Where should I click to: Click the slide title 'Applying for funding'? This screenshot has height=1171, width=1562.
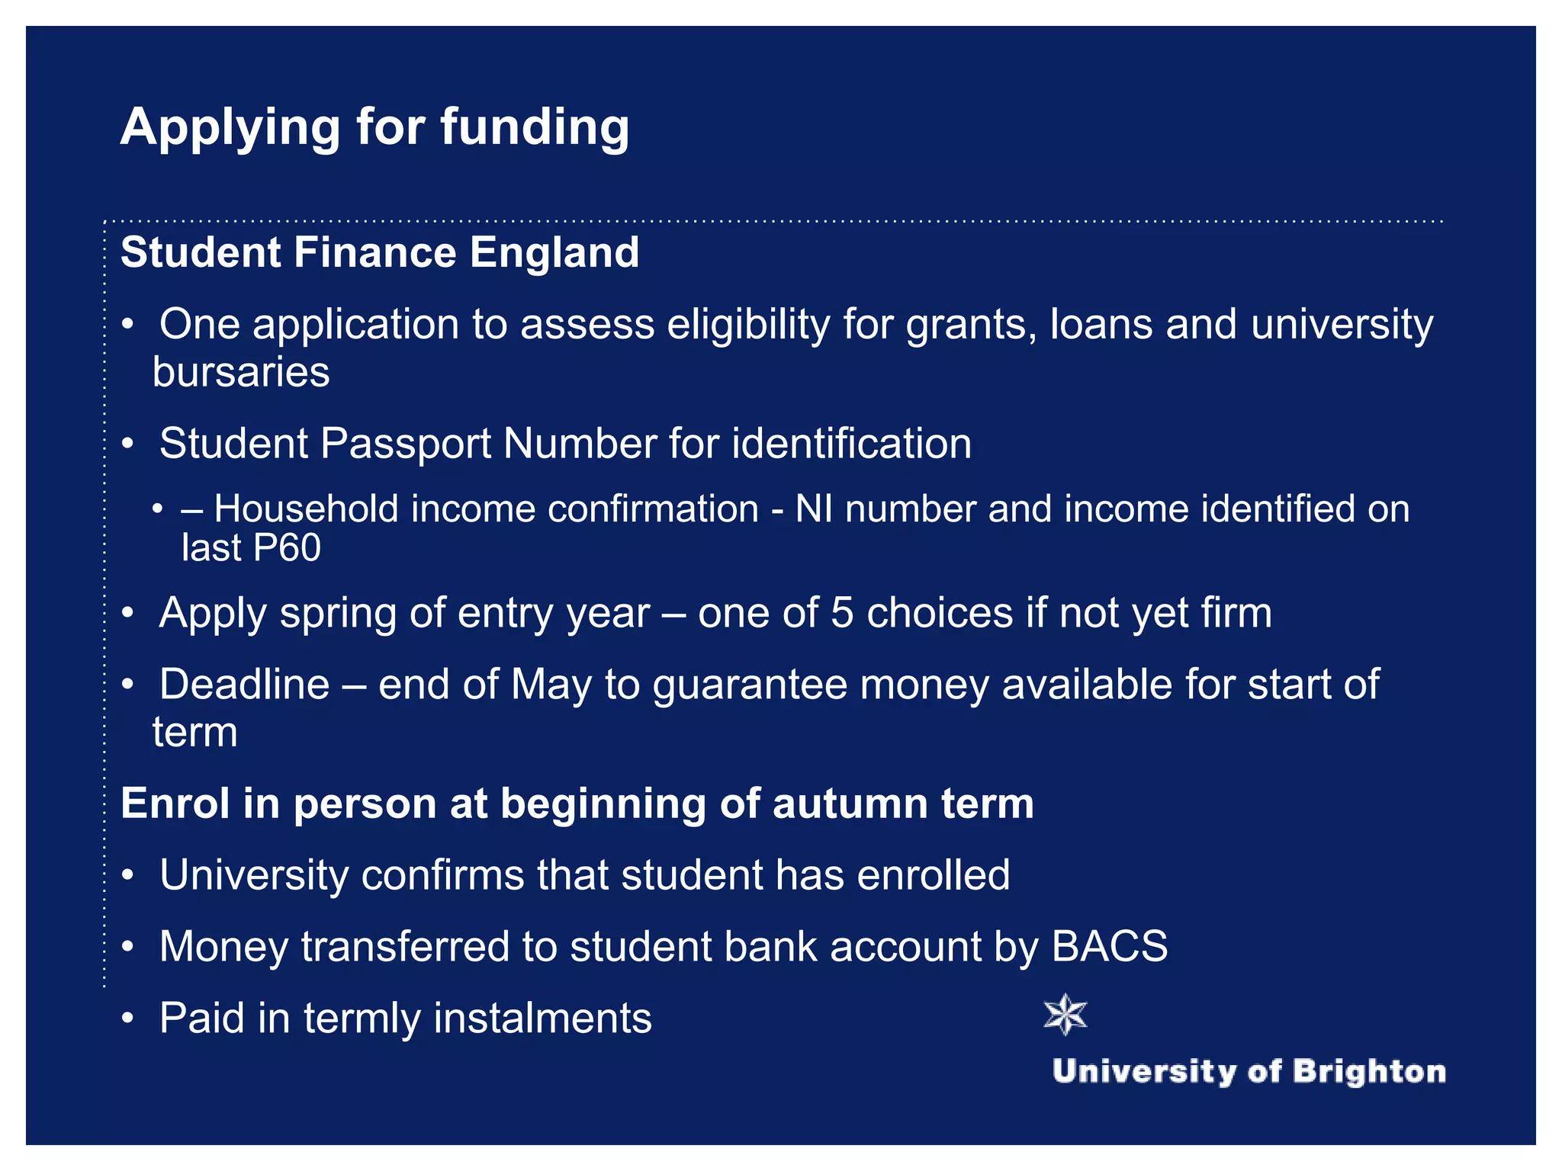pyautogui.click(x=374, y=127)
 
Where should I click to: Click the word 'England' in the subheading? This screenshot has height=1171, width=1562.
pyautogui.click(x=554, y=252)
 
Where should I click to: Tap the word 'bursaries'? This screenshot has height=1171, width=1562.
pyautogui.click(x=241, y=372)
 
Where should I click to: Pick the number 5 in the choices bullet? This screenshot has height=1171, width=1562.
pyautogui.click(x=842, y=613)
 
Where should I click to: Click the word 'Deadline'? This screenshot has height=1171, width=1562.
pyautogui.click(x=244, y=684)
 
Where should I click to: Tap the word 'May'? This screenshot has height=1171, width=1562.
pyautogui.click(x=551, y=685)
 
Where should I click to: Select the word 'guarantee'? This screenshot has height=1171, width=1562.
pyautogui.click(x=750, y=685)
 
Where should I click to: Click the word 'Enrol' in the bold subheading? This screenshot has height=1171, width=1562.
pyautogui.click(x=175, y=804)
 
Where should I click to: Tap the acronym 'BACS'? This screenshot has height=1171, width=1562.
pyautogui.click(x=1109, y=947)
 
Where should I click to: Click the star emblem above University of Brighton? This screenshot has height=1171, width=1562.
pyautogui.click(x=1065, y=1015)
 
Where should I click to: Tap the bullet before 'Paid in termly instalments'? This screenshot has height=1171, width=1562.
pyautogui.click(x=128, y=1019)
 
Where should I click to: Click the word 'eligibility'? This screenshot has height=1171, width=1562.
pyautogui.click(x=748, y=326)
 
